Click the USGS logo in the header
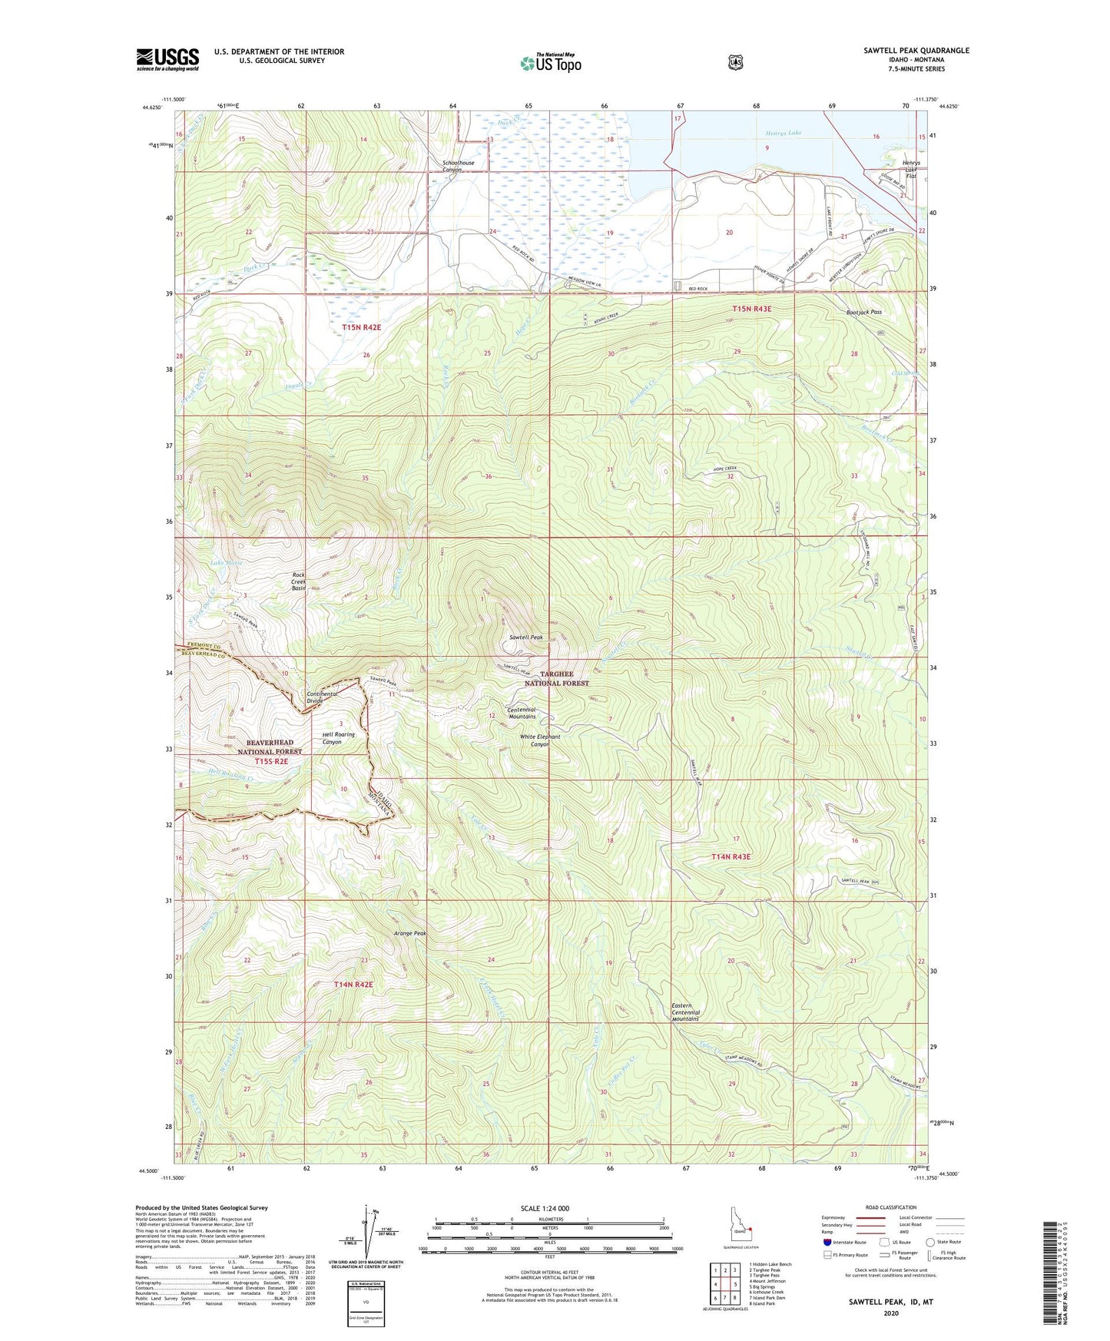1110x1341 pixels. (x=167, y=59)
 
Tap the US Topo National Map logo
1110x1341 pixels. (x=550, y=62)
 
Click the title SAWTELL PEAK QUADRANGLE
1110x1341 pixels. (x=916, y=51)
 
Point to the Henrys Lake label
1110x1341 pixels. (x=783, y=133)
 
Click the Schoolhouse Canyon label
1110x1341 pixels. (x=463, y=166)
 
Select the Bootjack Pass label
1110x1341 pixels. (x=863, y=312)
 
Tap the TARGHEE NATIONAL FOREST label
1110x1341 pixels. (x=557, y=678)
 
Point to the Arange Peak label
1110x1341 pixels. (x=409, y=933)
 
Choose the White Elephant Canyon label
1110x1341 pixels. (x=540, y=740)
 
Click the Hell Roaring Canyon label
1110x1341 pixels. (x=338, y=738)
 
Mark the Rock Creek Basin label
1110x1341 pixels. (x=299, y=581)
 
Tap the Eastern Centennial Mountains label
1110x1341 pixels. (x=685, y=1012)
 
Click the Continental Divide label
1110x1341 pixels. (x=321, y=697)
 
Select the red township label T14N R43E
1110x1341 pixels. (x=731, y=856)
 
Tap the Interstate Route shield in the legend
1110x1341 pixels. (x=827, y=1241)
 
